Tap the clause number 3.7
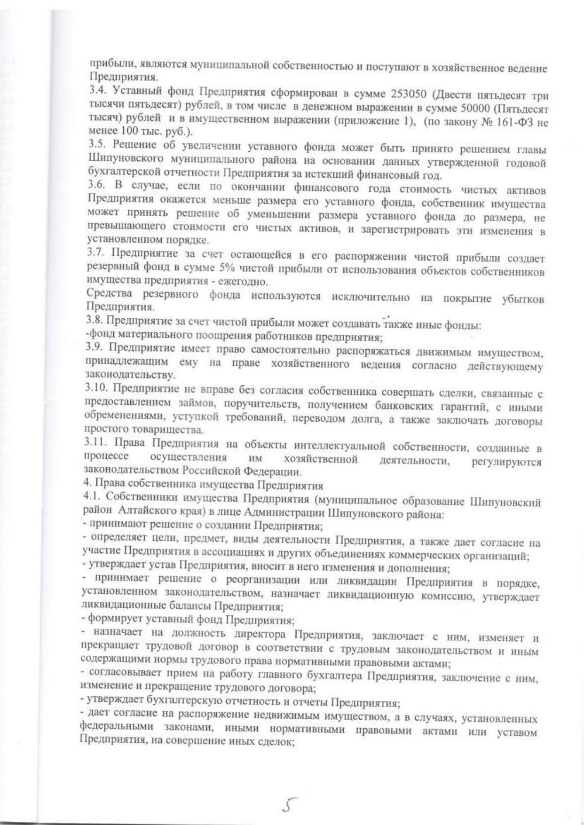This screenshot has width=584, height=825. click(97, 254)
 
